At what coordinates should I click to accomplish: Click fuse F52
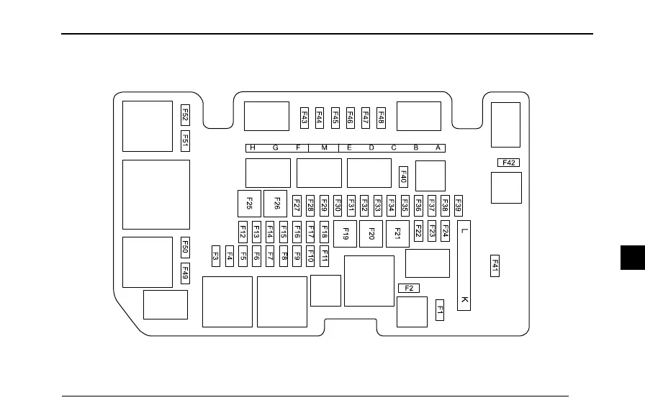(x=185, y=115)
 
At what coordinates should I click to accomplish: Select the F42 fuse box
(x=508, y=163)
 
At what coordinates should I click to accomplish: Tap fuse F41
(x=495, y=266)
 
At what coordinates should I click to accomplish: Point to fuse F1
(x=440, y=311)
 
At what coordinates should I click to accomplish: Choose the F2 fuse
(x=408, y=289)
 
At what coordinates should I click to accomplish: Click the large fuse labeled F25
(x=249, y=204)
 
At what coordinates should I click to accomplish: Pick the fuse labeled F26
(x=276, y=204)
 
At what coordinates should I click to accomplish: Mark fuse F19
(x=346, y=234)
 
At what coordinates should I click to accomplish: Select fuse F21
(x=397, y=234)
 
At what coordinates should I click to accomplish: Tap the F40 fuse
(x=403, y=176)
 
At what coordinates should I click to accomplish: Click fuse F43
(x=305, y=117)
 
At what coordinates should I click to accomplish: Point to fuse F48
(x=381, y=117)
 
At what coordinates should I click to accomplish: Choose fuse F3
(x=216, y=255)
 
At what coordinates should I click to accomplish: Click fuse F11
(x=325, y=255)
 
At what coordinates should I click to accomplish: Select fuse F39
(x=458, y=205)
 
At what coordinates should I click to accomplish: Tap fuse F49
(x=185, y=273)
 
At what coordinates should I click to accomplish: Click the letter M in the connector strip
(x=324, y=148)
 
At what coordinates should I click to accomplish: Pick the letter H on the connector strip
(x=252, y=148)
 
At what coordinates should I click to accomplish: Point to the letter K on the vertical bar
(x=464, y=299)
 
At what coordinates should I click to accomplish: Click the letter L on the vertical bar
(x=464, y=231)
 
